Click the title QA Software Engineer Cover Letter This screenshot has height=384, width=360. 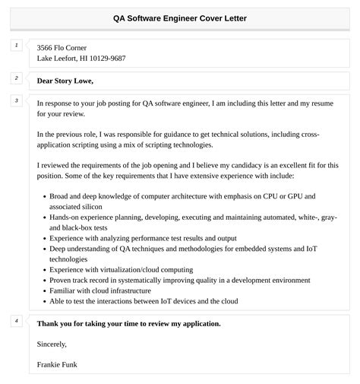click(x=179, y=17)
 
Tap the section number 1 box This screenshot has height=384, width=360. click(x=16, y=46)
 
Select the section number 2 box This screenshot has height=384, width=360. click(x=16, y=78)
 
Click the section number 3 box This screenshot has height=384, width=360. click(x=16, y=100)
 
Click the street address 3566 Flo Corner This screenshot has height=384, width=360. click(x=66, y=46)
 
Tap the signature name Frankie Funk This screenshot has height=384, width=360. click(x=57, y=364)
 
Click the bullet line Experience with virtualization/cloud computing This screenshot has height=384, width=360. click(x=121, y=269)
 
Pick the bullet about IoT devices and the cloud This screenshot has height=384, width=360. click(x=144, y=301)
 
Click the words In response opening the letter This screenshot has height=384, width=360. click(x=57, y=102)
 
